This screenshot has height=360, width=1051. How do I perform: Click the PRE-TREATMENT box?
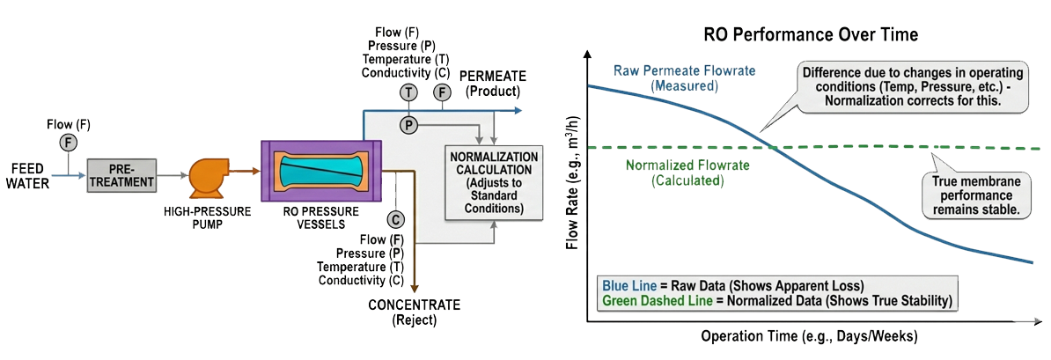click(x=121, y=176)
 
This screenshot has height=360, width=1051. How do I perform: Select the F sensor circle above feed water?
click(x=69, y=142)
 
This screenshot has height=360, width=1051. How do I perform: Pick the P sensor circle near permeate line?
click(x=408, y=123)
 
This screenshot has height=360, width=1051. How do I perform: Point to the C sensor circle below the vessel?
click(x=395, y=220)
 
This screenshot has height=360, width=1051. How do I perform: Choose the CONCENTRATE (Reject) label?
click(x=415, y=312)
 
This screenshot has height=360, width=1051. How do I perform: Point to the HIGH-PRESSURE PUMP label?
click(x=208, y=217)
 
